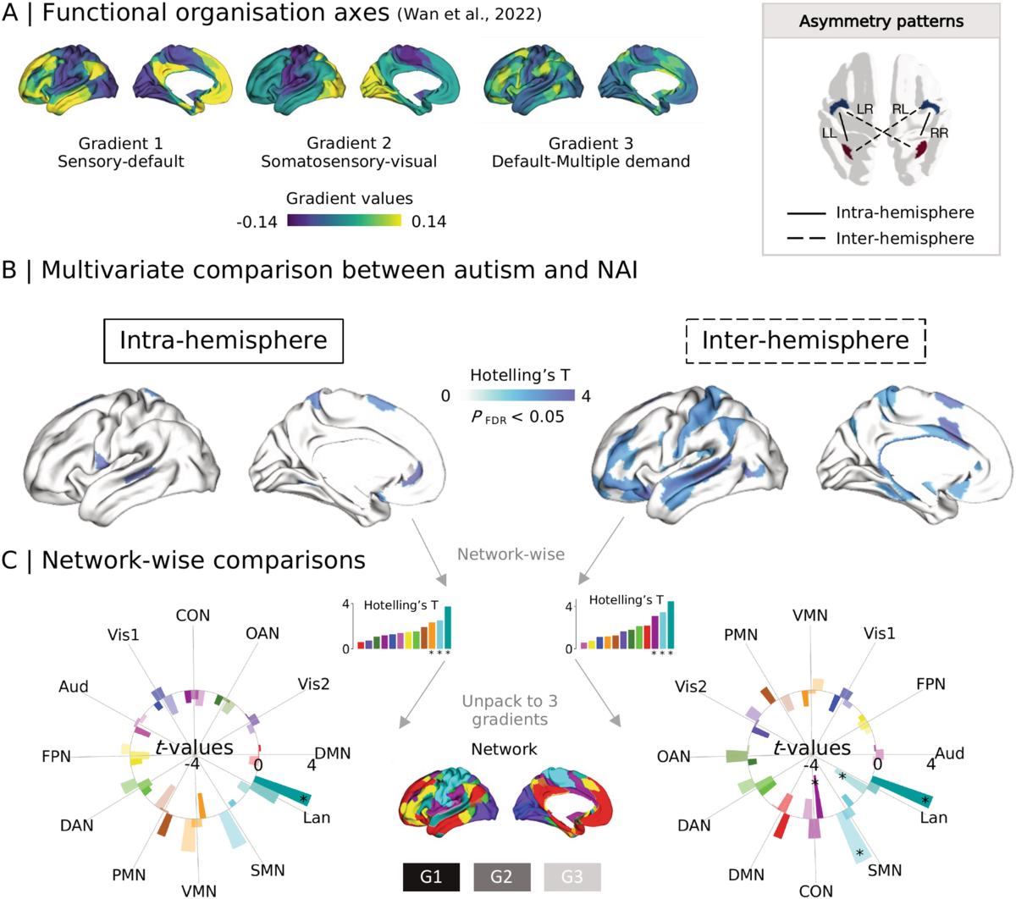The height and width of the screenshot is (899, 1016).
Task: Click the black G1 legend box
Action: pos(432,877)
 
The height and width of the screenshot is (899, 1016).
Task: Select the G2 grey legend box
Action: pos(501,877)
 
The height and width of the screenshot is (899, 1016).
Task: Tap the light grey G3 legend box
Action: pos(571,877)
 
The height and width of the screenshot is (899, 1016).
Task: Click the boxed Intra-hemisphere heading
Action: pos(224,340)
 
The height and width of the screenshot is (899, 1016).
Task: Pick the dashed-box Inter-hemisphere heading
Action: pos(805,340)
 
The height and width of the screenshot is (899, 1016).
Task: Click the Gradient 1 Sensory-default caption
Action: pos(121,152)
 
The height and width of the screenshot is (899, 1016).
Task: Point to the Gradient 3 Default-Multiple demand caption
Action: pos(591,152)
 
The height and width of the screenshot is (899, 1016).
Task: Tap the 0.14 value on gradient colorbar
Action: pos(429,222)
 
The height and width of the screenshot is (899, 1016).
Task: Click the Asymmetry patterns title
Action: pos(881,20)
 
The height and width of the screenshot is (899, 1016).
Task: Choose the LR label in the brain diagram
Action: pos(864,110)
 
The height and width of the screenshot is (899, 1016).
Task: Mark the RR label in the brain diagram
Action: pos(938,133)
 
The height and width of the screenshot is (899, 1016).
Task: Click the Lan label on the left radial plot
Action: pos(317,818)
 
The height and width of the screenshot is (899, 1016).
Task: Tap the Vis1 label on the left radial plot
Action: pos(124,635)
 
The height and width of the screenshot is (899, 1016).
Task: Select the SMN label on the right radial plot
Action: pos(885,870)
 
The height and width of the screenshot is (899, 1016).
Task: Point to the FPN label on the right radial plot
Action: pos(930,683)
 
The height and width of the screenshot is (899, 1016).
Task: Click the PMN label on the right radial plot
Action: pos(741,635)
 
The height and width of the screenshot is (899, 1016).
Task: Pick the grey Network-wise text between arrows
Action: pos(511,554)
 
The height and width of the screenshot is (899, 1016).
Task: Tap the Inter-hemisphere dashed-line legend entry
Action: pos(904,238)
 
